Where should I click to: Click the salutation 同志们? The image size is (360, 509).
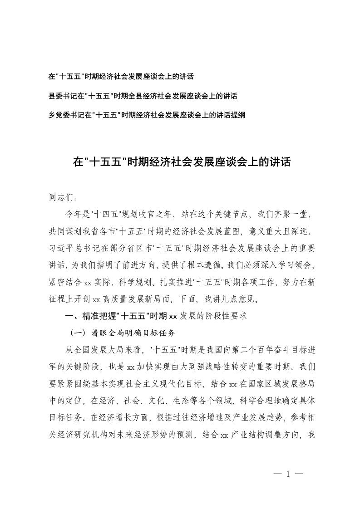(63, 198)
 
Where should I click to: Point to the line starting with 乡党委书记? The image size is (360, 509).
(147, 115)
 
